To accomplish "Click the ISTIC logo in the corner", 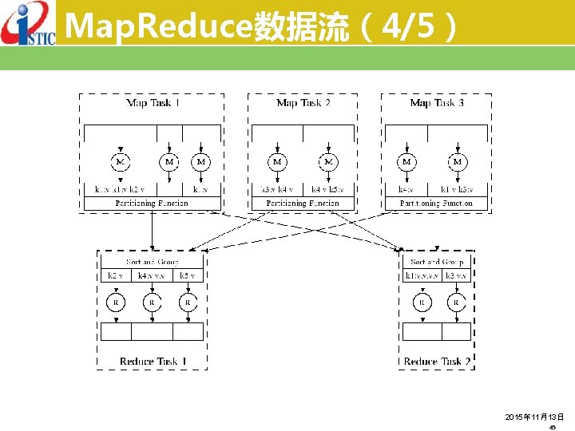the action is click(x=28, y=23).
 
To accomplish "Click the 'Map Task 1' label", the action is click(x=153, y=103).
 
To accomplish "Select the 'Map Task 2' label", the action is click(x=303, y=103).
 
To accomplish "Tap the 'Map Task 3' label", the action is click(x=437, y=103).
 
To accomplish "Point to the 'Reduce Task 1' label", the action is click(x=153, y=361).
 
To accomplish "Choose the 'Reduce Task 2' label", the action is click(x=438, y=361).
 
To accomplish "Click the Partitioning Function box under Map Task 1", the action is click(x=152, y=204).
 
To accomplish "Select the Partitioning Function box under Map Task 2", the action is click(x=303, y=204).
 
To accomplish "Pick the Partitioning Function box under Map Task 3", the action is click(x=436, y=204).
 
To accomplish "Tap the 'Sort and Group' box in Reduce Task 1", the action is click(x=152, y=262).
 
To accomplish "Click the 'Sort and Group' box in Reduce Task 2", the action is click(x=437, y=262).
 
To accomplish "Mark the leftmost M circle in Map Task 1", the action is click(x=120, y=162).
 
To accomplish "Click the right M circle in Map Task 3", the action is click(x=458, y=162).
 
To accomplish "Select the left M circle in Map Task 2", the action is click(x=277, y=162).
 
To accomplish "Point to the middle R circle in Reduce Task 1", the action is click(x=152, y=302).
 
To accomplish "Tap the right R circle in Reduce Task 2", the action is click(x=456, y=302).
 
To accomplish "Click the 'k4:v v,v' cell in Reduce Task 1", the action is click(x=151, y=276).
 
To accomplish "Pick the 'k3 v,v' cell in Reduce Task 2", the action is click(x=456, y=276).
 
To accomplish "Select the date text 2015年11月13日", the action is click(x=534, y=417).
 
